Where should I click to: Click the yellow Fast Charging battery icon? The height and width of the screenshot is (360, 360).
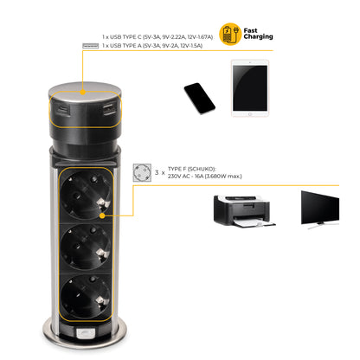pos(230,34)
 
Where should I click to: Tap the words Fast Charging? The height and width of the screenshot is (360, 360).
pos(258,34)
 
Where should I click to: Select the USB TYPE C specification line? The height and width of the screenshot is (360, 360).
pos(157,37)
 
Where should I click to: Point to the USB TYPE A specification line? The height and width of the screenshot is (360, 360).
pos(152,46)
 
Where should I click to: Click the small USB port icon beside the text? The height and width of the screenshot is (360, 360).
pos(91,46)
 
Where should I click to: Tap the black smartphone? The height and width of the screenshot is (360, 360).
pos(200,99)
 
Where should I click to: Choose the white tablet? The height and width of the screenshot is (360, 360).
pos(250,88)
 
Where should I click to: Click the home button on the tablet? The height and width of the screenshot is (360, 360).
pos(250,114)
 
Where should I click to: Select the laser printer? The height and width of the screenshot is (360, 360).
pos(244,211)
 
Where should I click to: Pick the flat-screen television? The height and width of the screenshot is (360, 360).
pos(320,209)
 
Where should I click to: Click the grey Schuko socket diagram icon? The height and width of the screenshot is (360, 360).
pos(142,173)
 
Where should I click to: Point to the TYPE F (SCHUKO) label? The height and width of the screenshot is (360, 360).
pos(192,169)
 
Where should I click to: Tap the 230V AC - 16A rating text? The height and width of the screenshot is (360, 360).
pos(205,177)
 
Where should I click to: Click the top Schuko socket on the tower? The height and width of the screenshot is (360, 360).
pos(86,196)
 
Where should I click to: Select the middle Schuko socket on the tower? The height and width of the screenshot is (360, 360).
pos(86,247)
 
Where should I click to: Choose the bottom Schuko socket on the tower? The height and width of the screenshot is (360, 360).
pos(86,297)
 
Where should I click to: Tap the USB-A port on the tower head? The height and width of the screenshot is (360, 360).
pos(109,110)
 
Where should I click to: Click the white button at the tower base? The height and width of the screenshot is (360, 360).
pos(86,334)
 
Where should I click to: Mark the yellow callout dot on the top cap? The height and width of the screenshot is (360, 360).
pos(83,93)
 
